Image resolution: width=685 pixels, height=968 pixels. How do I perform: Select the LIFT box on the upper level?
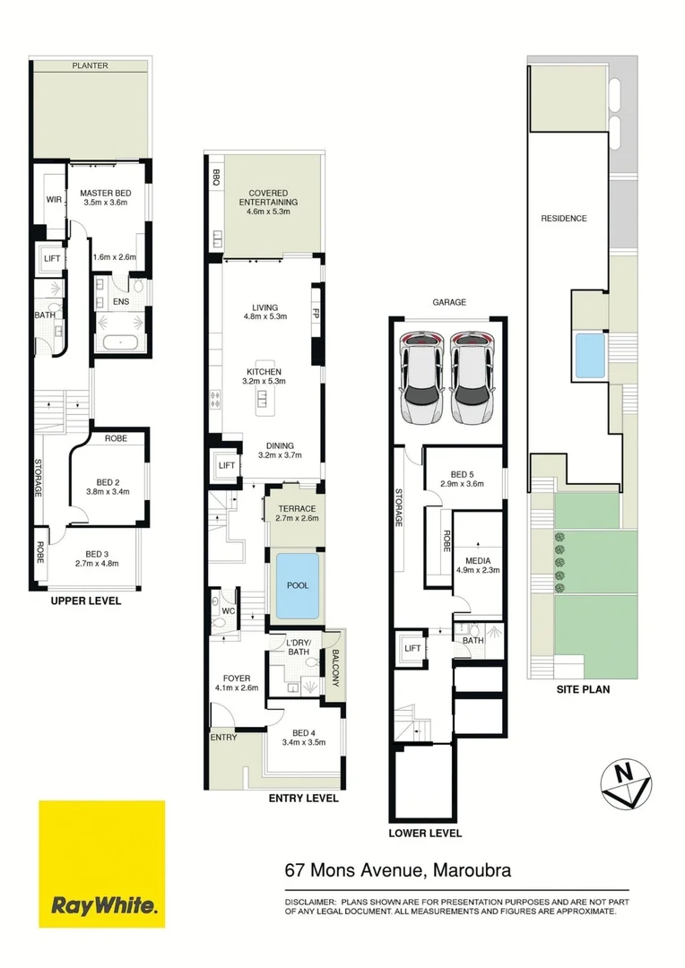50,259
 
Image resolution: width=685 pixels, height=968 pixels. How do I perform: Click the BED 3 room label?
101,554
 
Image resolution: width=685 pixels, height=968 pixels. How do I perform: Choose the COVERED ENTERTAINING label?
273,198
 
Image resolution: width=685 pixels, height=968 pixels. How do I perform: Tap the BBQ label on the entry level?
216,176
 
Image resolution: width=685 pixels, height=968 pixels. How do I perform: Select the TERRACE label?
295,509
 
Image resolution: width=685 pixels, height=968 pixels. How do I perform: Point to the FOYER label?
238,678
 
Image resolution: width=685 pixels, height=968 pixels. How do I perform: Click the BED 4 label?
302,736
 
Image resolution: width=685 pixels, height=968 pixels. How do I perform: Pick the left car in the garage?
421,377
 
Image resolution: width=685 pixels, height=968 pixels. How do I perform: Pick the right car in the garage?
472,377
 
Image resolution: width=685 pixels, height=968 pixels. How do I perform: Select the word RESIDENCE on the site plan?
564,218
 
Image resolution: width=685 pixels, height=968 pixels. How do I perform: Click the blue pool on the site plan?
588,356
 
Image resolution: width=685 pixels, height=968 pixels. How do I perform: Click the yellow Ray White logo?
102,863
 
